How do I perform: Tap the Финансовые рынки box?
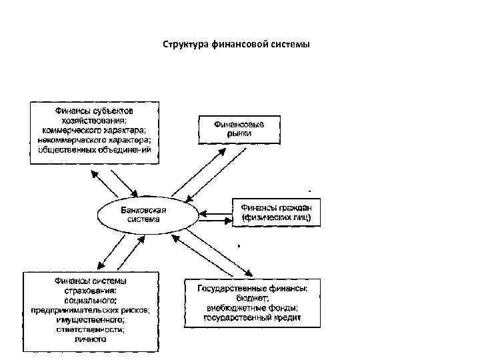[x=238, y=129]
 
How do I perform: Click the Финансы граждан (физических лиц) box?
[x=275, y=213]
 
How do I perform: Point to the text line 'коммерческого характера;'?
[x=94, y=131]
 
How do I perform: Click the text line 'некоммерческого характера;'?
[x=94, y=140]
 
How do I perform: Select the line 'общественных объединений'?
[x=94, y=150]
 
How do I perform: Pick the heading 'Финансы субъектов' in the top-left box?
[x=94, y=111]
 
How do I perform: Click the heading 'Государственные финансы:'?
[x=252, y=289]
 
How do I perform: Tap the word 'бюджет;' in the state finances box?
[x=252, y=298]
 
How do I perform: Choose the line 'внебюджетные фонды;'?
[x=252, y=308]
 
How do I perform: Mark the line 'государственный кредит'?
[x=252, y=318]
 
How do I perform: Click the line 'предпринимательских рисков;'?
[x=91, y=310]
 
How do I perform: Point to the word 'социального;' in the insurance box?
[x=91, y=300]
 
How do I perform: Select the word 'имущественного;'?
[x=91, y=320]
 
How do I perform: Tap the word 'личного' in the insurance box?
[x=91, y=339]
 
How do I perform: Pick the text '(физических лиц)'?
[x=275, y=218]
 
